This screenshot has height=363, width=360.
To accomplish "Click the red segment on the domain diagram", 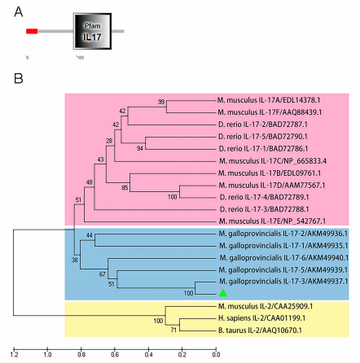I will point(32,32).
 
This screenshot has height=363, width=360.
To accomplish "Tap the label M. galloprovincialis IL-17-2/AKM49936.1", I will point(283,234).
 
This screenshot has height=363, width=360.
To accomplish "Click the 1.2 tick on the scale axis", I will point(14,353).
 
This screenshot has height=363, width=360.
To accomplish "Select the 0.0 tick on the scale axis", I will point(216,353).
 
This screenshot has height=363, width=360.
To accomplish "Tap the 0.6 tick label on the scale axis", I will point(115,353).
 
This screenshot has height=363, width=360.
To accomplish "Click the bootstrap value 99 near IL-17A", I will point(161,103).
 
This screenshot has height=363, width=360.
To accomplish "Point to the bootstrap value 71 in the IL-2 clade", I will point(173,330).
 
